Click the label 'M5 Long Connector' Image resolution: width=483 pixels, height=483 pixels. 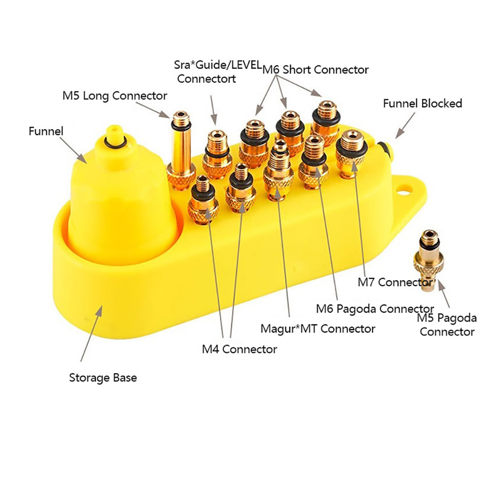tap(115, 95)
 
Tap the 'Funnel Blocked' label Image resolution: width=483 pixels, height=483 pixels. tap(422, 103)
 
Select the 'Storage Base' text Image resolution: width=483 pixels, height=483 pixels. tap(103, 377)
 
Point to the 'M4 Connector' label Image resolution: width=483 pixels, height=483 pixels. tap(239, 349)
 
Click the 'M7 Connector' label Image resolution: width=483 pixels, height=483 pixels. tap(395, 282)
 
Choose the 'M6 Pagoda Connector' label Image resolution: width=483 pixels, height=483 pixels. tap(375, 308)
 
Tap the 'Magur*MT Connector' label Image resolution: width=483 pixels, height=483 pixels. tap(318, 329)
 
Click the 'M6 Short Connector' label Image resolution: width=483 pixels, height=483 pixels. tap(316, 69)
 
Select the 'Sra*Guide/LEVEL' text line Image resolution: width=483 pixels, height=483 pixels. tap(217, 65)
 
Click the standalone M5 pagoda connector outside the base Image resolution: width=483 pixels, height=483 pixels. tap(426, 260)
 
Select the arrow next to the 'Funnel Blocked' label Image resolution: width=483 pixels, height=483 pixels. tap(404, 127)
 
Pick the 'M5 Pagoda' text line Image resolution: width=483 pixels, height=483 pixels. tap(446, 318)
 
